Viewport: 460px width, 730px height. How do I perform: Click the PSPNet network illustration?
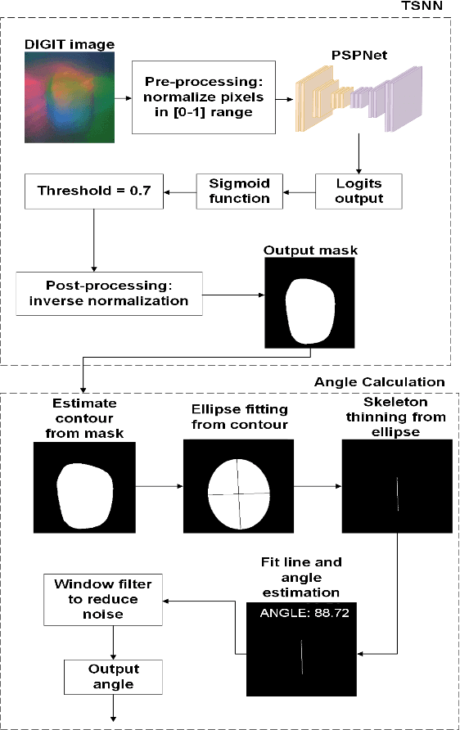(x=357, y=97)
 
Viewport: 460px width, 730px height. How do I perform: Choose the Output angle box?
(x=109, y=675)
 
